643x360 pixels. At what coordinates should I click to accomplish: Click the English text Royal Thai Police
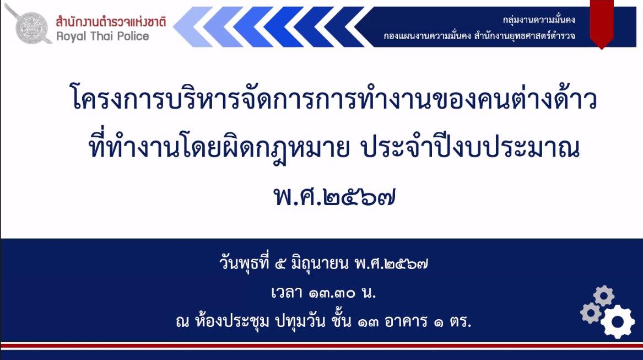click(102, 36)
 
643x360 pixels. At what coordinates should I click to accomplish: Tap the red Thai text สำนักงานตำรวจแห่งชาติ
click(111, 21)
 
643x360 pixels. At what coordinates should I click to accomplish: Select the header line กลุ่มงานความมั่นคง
click(539, 20)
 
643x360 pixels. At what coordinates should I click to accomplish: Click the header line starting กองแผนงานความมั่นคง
click(479, 36)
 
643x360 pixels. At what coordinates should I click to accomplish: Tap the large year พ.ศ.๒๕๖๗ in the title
click(334, 197)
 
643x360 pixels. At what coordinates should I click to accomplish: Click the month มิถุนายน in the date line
click(320, 264)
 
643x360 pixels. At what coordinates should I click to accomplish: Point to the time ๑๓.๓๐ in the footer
click(332, 293)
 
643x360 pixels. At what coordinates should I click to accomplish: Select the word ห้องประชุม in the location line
click(232, 321)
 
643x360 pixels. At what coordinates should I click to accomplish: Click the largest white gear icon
click(618, 322)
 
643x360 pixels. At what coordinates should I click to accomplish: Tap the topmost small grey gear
click(604, 296)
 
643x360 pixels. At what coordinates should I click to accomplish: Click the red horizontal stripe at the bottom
click(322, 346)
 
